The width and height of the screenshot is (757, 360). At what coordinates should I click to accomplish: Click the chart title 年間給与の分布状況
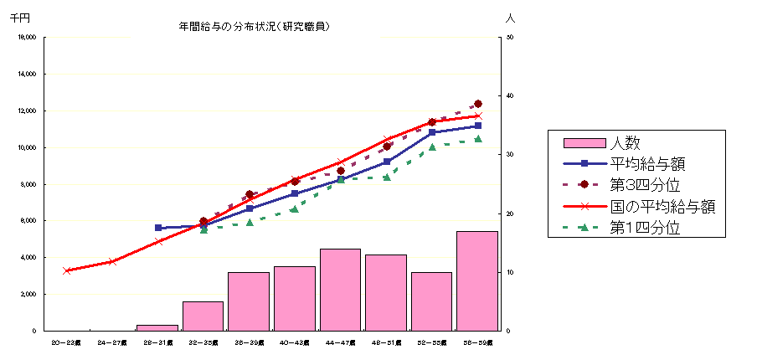(254, 26)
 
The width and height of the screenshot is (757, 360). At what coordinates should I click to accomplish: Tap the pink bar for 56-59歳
(477, 280)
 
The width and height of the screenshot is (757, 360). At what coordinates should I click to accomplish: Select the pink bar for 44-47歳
(340, 290)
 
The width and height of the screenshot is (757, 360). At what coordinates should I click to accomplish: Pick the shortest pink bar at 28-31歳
(157, 327)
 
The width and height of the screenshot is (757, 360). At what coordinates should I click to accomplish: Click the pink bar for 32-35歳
(203, 316)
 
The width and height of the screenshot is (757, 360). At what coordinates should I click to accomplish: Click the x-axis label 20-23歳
(66, 342)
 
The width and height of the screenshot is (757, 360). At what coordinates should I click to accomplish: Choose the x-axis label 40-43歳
(294, 342)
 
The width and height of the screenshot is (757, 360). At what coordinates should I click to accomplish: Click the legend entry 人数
(625, 142)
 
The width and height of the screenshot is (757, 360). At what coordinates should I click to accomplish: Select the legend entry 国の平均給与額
(662, 206)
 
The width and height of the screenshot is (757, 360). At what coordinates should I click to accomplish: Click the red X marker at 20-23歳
(66, 270)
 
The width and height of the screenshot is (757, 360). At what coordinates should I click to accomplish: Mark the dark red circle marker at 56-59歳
(478, 104)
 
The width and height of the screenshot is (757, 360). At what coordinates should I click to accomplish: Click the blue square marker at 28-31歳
(158, 228)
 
